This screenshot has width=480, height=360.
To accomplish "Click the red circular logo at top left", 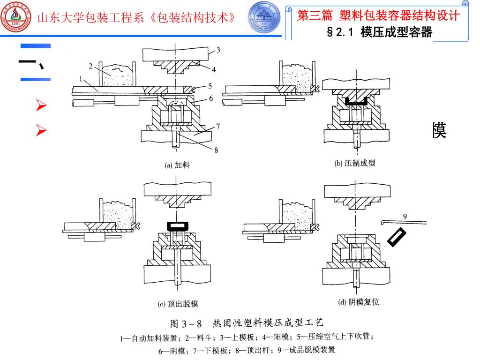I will (17, 17).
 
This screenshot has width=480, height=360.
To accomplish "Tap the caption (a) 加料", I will (177, 165).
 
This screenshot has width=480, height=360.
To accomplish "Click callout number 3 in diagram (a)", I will (218, 50).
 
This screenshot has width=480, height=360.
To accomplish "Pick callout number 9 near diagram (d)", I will (405, 216).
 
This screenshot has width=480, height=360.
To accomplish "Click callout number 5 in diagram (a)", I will (210, 86).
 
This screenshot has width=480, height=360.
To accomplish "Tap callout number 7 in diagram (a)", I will (218, 126).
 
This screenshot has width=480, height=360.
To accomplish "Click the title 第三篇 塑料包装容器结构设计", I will (378, 15).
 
